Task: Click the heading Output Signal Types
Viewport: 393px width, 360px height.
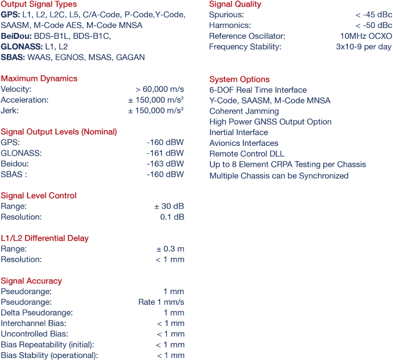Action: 39,4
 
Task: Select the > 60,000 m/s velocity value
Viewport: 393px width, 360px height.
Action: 160,89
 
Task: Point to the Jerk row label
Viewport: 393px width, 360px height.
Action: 10,111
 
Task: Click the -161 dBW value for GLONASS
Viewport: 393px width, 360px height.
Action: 165,153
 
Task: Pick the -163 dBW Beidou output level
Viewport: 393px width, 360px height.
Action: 165,164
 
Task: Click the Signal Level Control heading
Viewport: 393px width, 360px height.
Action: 39,195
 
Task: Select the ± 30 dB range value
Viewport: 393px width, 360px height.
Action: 169,206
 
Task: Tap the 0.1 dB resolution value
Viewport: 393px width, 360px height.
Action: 172,217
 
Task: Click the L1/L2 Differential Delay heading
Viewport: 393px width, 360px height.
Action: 45,238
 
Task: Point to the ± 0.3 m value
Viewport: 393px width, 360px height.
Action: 170,249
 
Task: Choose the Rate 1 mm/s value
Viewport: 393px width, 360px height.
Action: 161,303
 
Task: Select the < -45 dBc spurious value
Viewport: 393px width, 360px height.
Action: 373,15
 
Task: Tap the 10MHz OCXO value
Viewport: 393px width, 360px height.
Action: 366,36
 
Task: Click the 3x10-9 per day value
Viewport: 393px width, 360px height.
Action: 364,47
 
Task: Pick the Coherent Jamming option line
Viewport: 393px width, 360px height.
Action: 244,111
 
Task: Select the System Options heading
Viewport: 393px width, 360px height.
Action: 239,80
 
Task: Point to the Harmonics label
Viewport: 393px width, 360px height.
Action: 229,26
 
